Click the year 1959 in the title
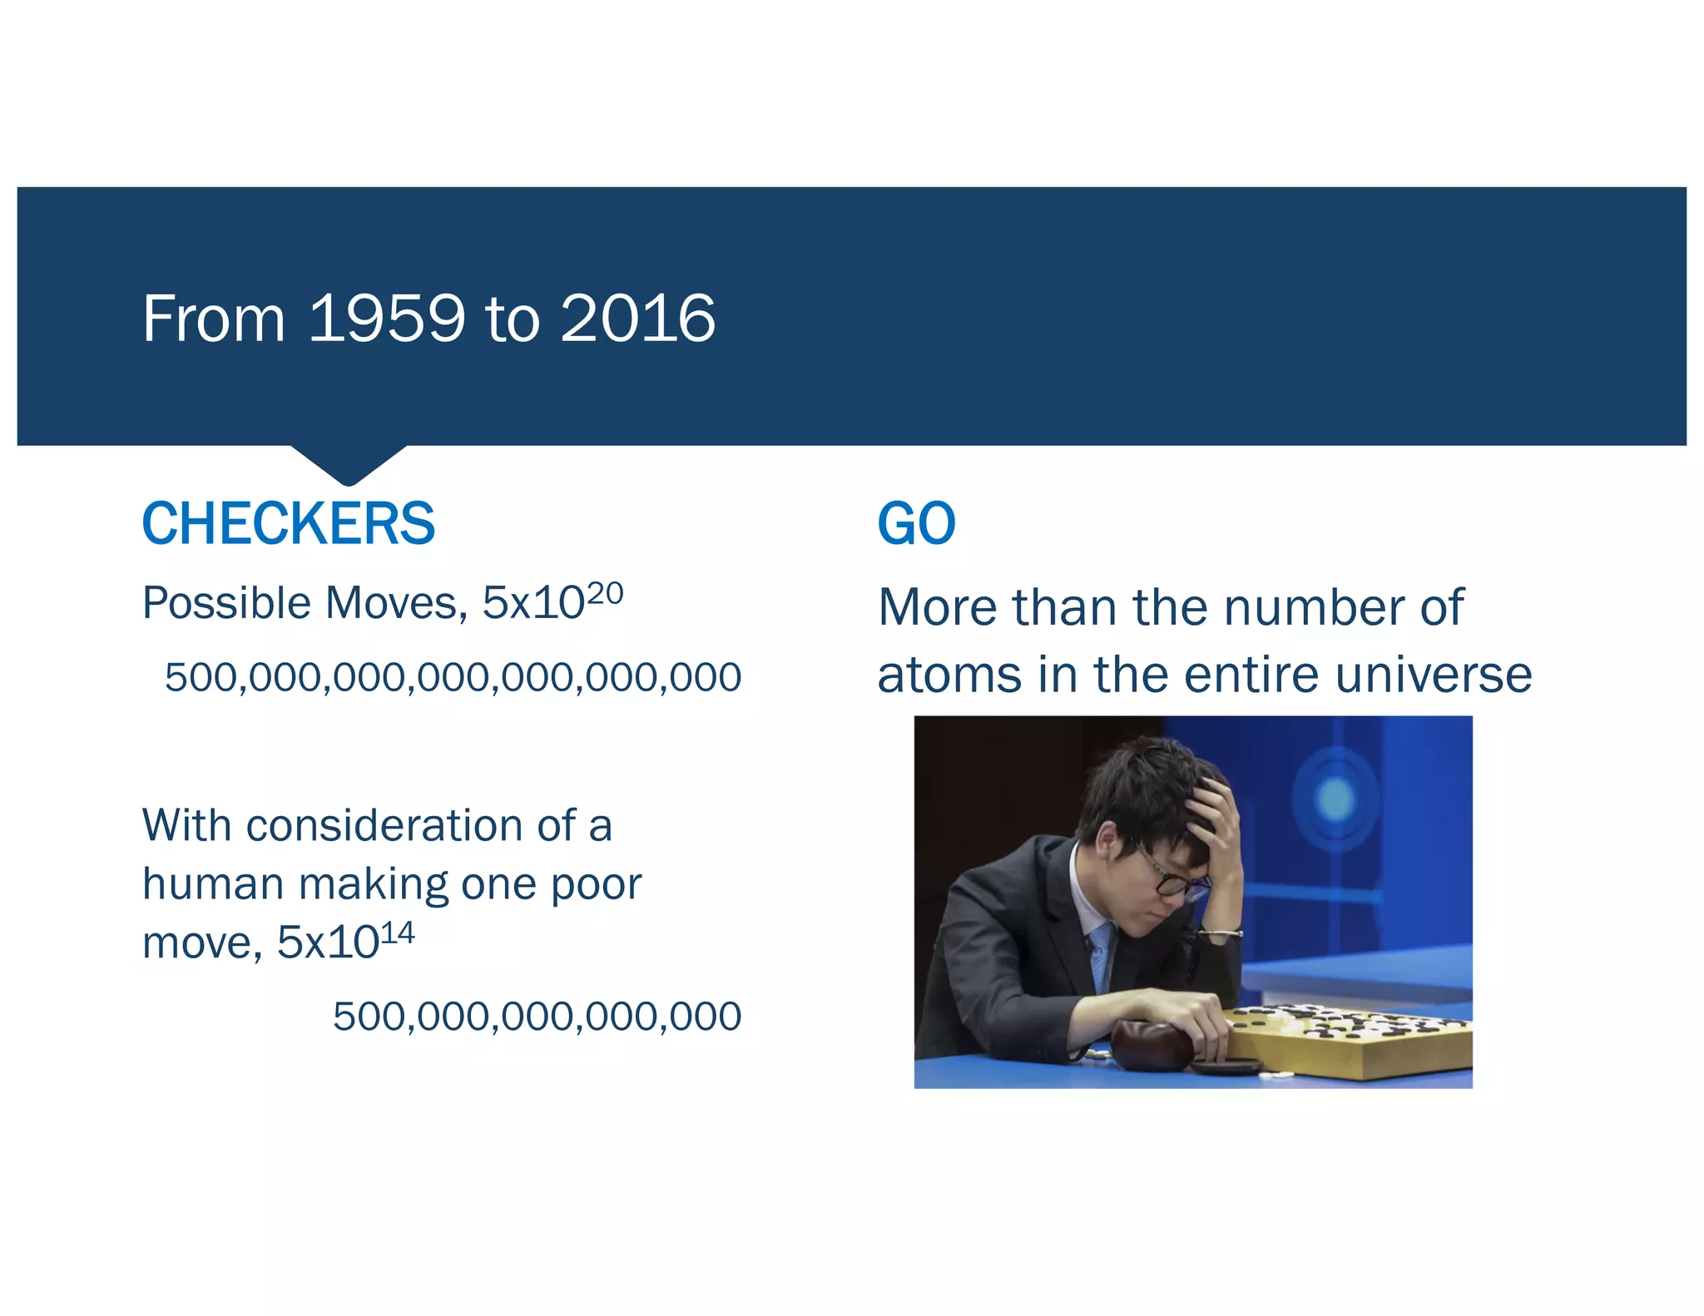(x=386, y=319)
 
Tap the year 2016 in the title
(x=637, y=319)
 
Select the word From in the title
(x=214, y=319)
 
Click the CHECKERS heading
(x=289, y=524)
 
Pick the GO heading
(x=917, y=524)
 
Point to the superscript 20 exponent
(x=605, y=594)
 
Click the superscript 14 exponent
(x=397, y=933)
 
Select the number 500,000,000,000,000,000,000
(x=453, y=677)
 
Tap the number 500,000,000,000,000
(x=537, y=1017)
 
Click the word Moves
(x=396, y=603)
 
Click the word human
(x=213, y=884)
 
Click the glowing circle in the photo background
(x=1335, y=798)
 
